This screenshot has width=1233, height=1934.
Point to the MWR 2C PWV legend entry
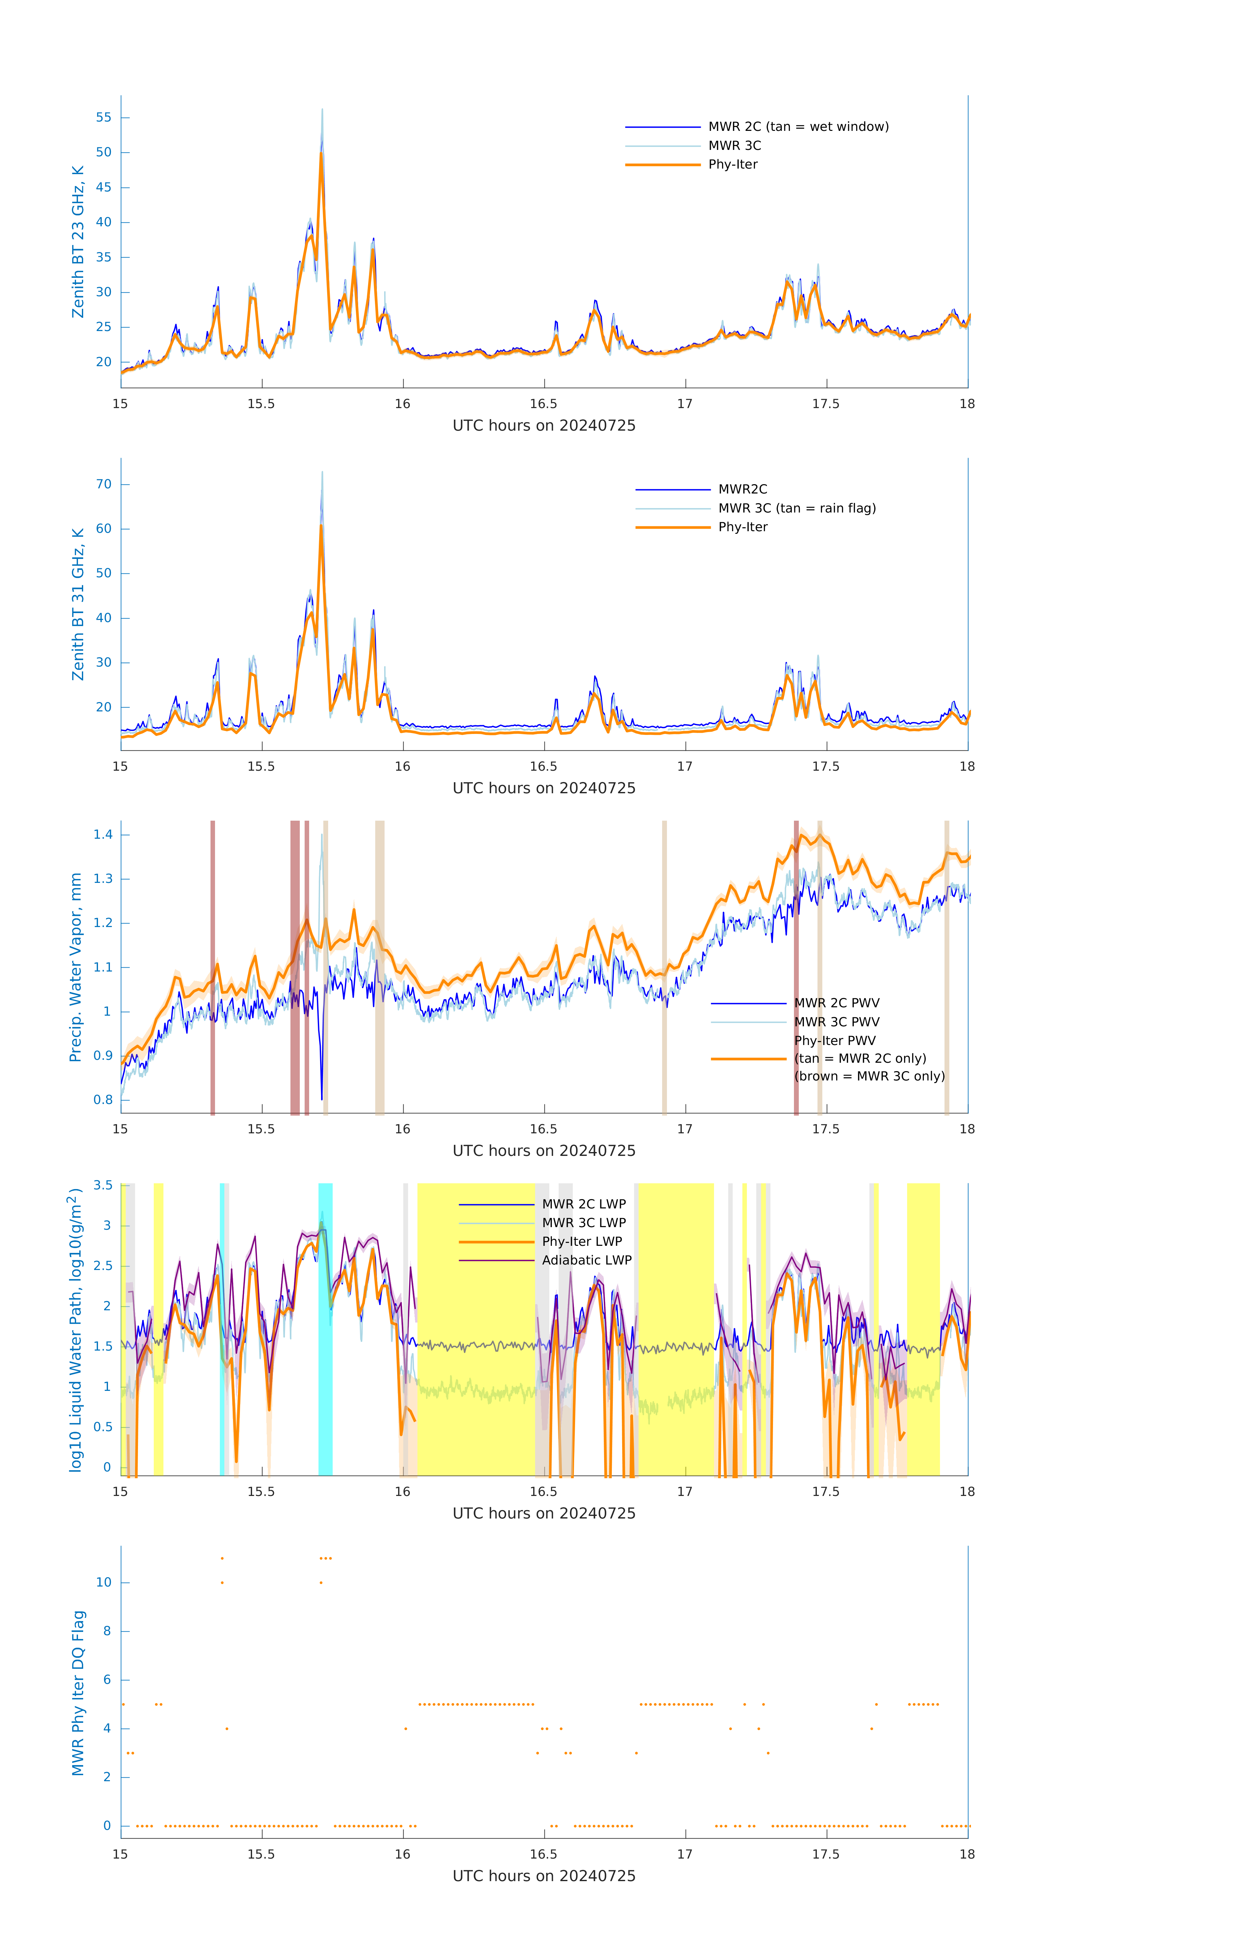[836, 1003]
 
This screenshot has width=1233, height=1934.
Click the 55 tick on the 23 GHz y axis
[103, 117]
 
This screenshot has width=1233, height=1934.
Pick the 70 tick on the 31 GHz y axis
[103, 484]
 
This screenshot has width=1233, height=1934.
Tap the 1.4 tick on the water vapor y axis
[103, 835]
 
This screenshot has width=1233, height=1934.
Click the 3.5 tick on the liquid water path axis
[103, 1186]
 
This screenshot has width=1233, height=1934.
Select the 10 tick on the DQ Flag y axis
[103, 1582]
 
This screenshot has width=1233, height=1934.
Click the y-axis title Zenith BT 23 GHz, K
[78, 242]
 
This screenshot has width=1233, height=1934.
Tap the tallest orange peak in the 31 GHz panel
[321, 526]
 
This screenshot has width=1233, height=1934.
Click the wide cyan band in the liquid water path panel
[325, 1329]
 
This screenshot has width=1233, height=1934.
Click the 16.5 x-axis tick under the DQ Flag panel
[544, 1854]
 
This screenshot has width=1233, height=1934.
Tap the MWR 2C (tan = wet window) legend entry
[798, 127]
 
